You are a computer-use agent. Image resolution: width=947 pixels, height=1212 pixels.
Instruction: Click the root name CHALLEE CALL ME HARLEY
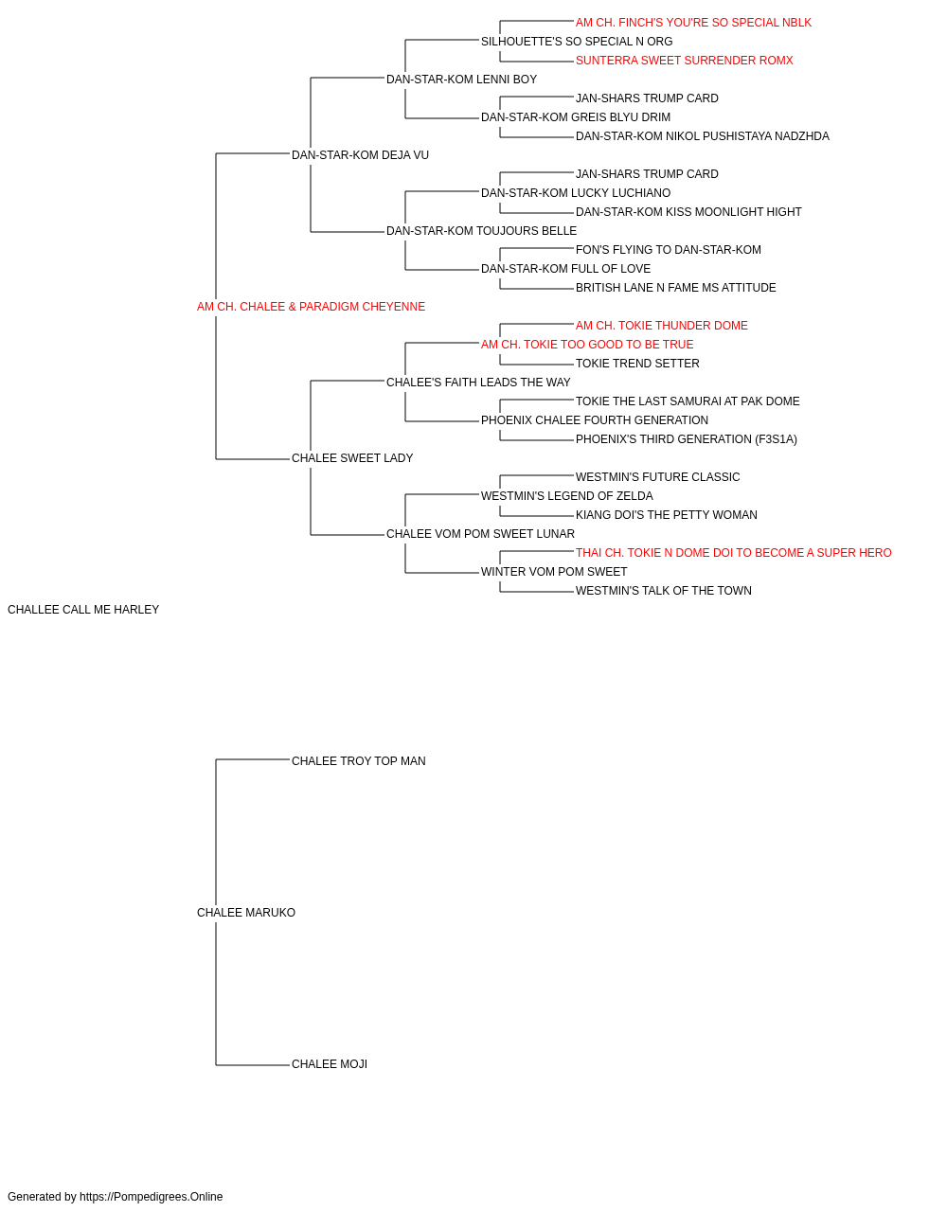click(83, 610)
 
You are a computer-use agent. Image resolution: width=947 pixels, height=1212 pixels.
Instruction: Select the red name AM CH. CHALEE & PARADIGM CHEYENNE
click(311, 307)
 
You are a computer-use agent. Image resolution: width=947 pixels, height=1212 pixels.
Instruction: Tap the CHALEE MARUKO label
click(246, 913)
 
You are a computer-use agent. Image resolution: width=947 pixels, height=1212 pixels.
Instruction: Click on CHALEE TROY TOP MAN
click(358, 761)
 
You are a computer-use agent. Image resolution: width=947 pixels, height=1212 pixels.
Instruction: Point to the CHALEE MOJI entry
click(329, 1064)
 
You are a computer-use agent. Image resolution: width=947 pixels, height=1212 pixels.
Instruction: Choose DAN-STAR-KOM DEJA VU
click(360, 155)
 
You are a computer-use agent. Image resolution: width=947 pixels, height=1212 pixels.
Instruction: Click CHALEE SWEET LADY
click(352, 458)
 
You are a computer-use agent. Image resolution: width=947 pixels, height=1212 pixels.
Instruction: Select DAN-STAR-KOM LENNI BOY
click(461, 80)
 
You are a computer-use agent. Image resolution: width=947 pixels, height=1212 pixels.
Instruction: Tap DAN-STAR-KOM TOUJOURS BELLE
click(481, 231)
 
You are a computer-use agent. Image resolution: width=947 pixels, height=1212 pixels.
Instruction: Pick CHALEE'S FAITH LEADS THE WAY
click(478, 383)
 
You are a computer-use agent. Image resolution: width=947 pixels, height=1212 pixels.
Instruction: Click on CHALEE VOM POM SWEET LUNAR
click(480, 534)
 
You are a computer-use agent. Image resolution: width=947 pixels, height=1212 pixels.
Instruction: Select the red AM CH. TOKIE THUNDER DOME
click(661, 326)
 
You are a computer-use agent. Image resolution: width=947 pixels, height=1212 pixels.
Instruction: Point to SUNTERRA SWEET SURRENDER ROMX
click(684, 61)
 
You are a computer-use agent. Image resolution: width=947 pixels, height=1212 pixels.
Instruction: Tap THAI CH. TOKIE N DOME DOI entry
click(733, 553)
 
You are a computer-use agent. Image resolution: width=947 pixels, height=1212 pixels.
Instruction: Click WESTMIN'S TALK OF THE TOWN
click(663, 591)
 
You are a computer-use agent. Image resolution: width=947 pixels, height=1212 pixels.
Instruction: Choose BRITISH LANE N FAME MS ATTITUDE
click(675, 288)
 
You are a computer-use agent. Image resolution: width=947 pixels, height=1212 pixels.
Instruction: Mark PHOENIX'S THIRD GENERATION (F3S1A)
click(686, 439)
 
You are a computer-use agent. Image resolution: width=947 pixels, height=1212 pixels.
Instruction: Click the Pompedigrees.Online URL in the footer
click(151, 1197)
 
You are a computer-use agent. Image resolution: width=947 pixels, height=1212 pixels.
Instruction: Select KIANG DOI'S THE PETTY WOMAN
click(666, 515)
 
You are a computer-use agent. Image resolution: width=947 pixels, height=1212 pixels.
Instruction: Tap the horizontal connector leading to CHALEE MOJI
click(253, 1065)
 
